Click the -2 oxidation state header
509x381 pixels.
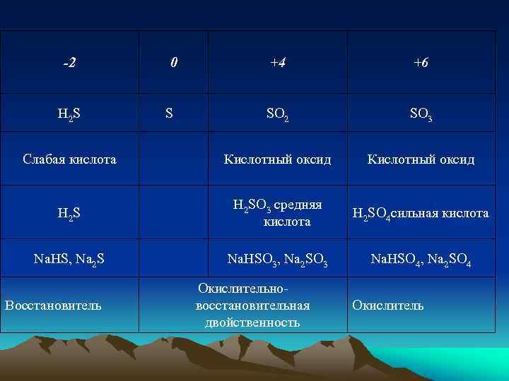click(x=69, y=63)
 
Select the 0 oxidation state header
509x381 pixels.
click(x=174, y=63)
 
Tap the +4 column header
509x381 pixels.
click(x=278, y=63)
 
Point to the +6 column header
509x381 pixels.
click(x=421, y=63)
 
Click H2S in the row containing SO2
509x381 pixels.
click(x=69, y=113)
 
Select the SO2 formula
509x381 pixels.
click(x=278, y=113)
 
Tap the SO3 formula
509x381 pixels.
click(x=421, y=113)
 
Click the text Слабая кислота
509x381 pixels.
click(x=69, y=159)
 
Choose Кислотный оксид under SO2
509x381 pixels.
click(x=278, y=159)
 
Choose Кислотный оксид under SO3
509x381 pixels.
click(x=421, y=159)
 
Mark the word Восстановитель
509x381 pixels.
click(x=53, y=306)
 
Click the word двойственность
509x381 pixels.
click(x=252, y=322)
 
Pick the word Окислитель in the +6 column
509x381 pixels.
click(x=388, y=306)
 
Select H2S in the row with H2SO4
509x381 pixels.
click(x=69, y=212)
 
